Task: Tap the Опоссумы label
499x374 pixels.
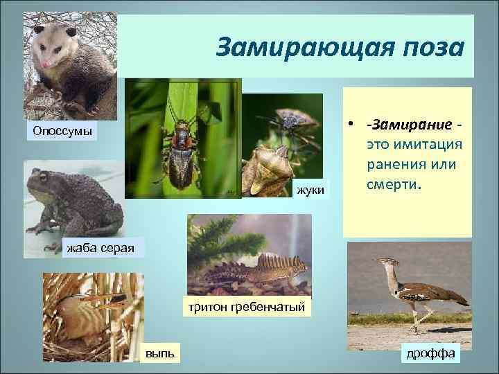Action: click(61, 131)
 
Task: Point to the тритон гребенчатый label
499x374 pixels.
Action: click(244, 306)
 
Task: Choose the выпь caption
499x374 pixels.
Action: click(160, 353)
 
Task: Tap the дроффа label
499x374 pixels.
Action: click(430, 353)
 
